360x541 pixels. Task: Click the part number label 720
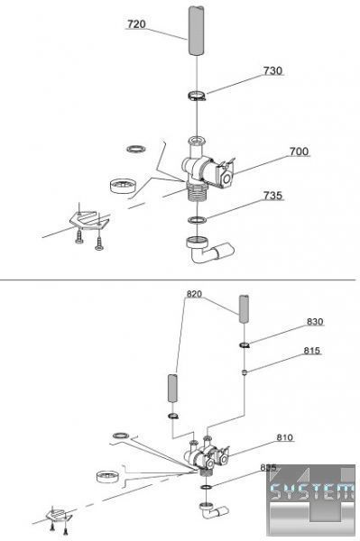pyautogui.click(x=136, y=24)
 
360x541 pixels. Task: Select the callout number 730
pyautogui.click(x=272, y=70)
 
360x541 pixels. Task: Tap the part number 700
pyautogui.click(x=299, y=151)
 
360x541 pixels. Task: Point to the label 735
pyautogui.click(x=272, y=196)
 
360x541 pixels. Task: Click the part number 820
pyautogui.click(x=194, y=294)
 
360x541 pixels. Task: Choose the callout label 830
pyautogui.click(x=315, y=322)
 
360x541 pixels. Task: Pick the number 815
pyautogui.click(x=311, y=351)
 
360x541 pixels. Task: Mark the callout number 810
pyautogui.click(x=285, y=437)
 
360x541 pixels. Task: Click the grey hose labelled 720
pyautogui.click(x=196, y=31)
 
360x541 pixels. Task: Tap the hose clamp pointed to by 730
pyautogui.click(x=197, y=96)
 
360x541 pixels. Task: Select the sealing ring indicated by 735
pyautogui.click(x=197, y=219)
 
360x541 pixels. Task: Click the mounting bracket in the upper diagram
pyautogui.click(x=89, y=221)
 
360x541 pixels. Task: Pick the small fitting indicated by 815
pyautogui.click(x=245, y=371)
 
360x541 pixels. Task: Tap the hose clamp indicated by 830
pyautogui.click(x=245, y=344)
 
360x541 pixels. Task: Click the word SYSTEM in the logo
pyautogui.click(x=312, y=491)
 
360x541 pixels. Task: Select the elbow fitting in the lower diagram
pyautogui.click(x=213, y=510)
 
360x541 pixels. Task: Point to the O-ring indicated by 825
pyautogui.click(x=206, y=487)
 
